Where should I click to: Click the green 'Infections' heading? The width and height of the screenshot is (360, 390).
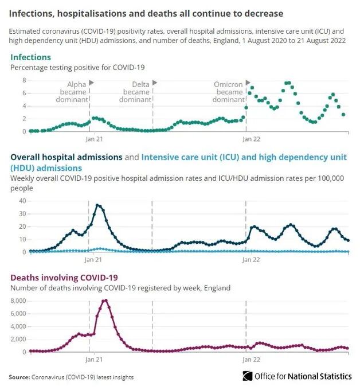point(30,57)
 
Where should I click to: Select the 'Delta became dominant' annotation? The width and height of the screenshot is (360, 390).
point(136,92)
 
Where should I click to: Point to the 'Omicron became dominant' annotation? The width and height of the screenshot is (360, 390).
point(229,92)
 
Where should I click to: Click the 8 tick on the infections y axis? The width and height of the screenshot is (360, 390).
point(25,80)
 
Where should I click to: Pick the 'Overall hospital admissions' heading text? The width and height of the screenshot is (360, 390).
point(66,157)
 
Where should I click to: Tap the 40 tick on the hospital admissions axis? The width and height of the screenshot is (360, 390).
point(22,201)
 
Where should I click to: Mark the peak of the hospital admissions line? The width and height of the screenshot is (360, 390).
point(99,205)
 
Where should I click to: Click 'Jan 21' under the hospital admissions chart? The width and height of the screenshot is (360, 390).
point(93,260)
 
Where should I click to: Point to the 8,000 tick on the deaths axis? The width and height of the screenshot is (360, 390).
point(19,301)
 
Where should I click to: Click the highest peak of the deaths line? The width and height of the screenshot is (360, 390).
point(105,300)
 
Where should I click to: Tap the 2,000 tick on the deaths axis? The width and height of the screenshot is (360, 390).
point(19,339)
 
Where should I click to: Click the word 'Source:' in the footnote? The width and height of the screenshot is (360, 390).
point(19,377)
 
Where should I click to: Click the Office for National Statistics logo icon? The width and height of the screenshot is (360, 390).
point(248,376)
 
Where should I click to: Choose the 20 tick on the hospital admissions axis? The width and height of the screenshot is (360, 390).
point(22,226)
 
